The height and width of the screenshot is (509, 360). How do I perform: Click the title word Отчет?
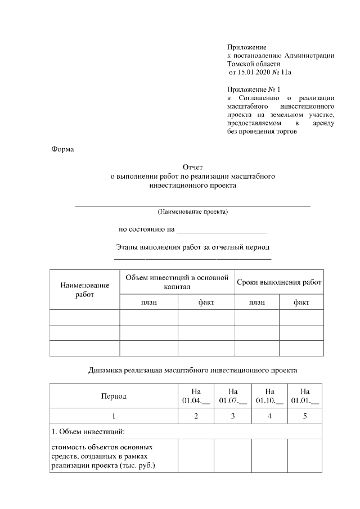(x=193, y=167)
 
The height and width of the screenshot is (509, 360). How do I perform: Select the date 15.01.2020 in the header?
(x=252, y=73)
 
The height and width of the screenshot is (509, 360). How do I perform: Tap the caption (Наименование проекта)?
(x=193, y=212)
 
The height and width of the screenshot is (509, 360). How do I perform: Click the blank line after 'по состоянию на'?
(x=222, y=230)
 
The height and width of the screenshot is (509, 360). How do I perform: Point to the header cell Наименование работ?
(x=84, y=290)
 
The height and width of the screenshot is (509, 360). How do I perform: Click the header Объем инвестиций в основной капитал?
(x=177, y=282)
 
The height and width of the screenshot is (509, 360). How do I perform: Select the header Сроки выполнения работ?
(x=279, y=282)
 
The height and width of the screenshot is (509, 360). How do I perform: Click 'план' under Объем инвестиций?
(x=148, y=302)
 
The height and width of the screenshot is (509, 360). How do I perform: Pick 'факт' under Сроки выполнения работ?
(x=301, y=302)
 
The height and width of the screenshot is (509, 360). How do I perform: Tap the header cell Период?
(x=113, y=396)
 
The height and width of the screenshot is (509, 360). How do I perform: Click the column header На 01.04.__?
(x=196, y=396)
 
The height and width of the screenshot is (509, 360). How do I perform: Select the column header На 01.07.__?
(x=233, y=396)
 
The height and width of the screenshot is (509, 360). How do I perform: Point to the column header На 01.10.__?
(x=269, y=396)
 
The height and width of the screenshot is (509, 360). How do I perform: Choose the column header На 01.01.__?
(x=305, y=396)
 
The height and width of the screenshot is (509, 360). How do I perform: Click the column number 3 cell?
(x=233, y=416)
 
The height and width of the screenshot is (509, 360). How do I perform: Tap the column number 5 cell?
(x=305, y=416)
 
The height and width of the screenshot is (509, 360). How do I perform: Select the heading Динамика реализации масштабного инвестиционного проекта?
(x=193, y=370)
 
